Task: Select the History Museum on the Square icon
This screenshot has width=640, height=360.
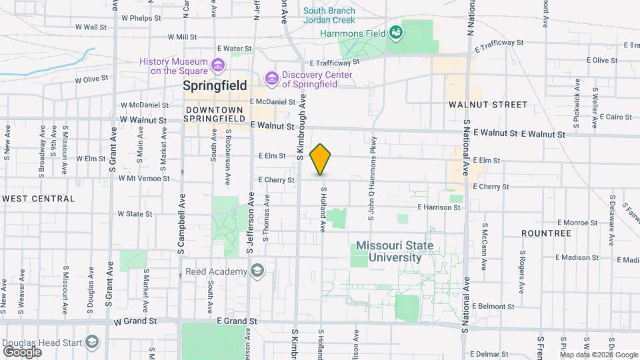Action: [x=217, y=65]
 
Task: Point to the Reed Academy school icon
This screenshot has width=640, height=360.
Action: [x=257, y=270]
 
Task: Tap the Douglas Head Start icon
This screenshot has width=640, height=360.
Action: [x=91, y=343]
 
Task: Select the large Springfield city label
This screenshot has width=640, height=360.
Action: [x=215, y=86]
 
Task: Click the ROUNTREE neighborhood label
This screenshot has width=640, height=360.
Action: [x=546, y=233]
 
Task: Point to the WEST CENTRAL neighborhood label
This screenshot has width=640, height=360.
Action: [x=38, y=199]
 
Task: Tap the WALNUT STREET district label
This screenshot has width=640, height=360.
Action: [x=488, y=105]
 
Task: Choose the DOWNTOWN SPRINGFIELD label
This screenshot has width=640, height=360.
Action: [x=215, y=114]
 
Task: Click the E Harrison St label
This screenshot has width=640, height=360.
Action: [x=439, y=207]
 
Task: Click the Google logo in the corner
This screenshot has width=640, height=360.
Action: [x=23, y=351]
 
